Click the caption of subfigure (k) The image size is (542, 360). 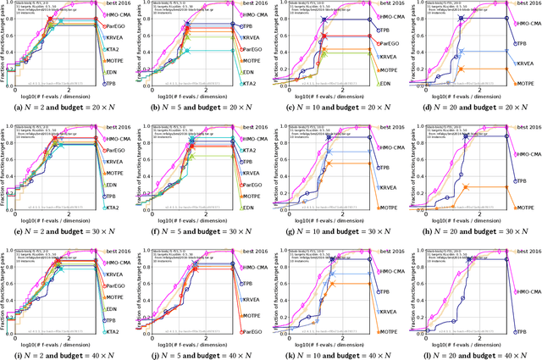coord(338,355)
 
